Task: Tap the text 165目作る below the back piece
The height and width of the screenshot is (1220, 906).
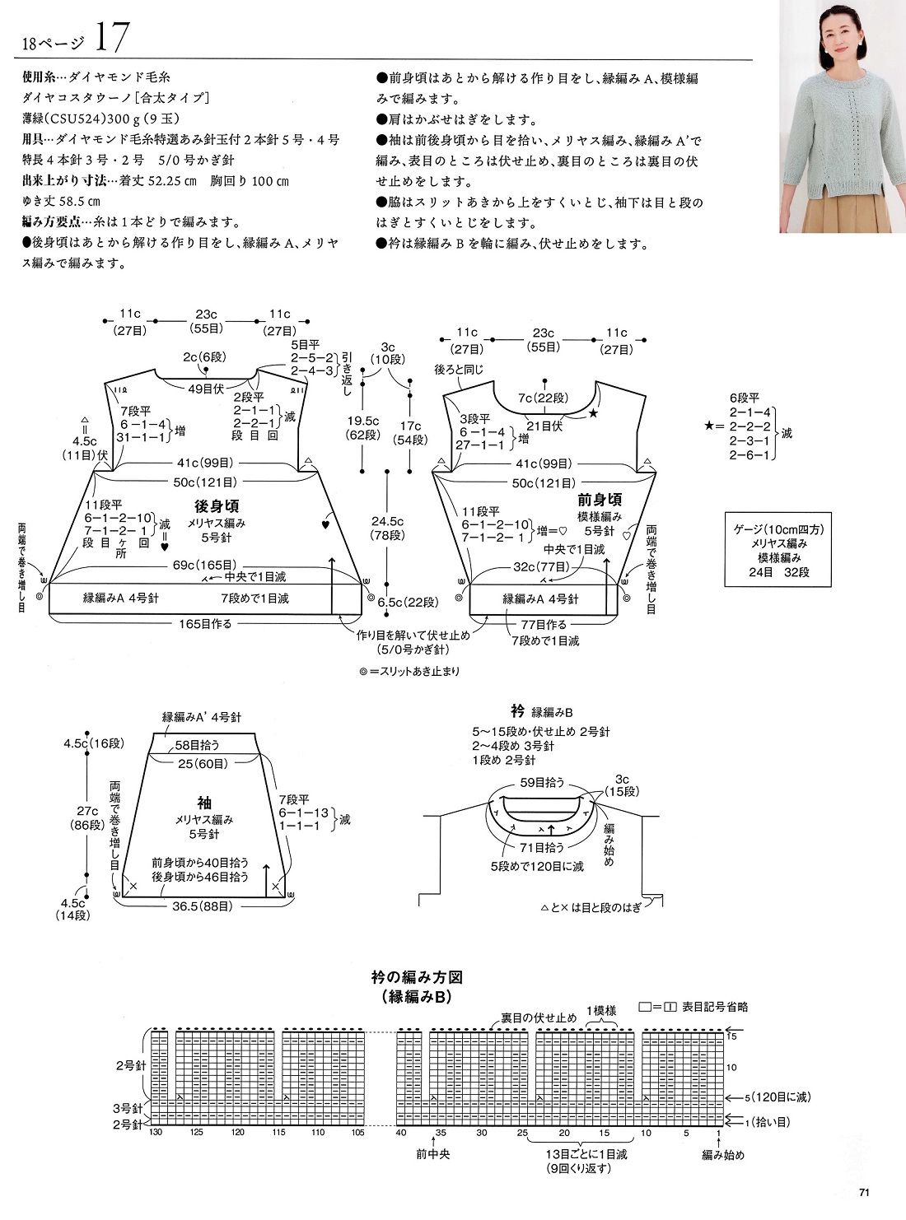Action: point(203,624)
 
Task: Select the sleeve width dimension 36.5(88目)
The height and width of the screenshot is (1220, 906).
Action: point(202,906)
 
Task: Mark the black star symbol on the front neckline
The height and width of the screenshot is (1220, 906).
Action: point(594,415)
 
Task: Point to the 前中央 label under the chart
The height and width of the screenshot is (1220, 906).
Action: point(432,1154)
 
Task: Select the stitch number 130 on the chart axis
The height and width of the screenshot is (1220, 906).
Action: point(156,1133)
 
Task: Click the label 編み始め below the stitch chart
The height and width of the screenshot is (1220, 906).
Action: point(723,1154)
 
